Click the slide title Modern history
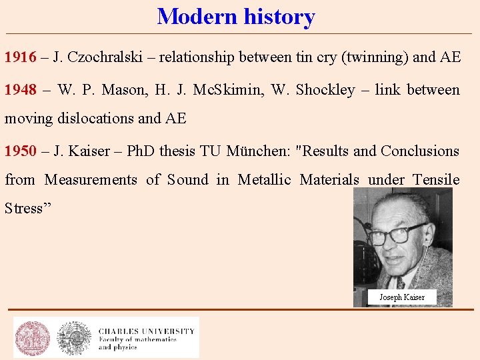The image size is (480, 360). click(236, 17)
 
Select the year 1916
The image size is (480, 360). click(20, 57)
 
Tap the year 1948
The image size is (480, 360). click(20, 90)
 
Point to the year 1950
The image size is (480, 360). click(20, 151)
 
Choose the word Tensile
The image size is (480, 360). click(436, 180)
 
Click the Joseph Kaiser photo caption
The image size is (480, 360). click(402, 297)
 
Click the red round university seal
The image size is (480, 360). click(33, 338)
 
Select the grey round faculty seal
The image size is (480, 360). click(74, 338)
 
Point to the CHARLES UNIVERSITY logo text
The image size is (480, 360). click(147, 331)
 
